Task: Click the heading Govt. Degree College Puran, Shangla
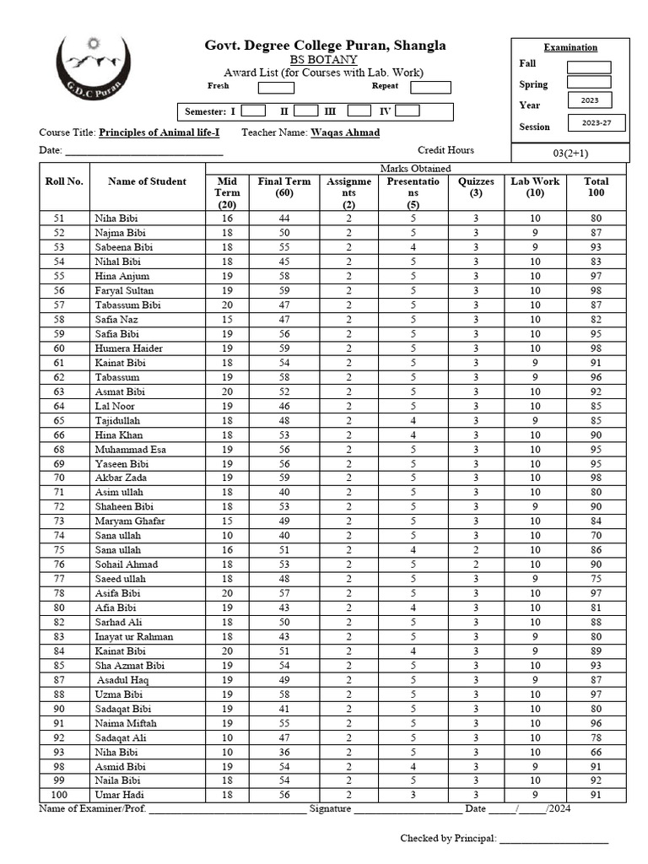pyautogui.click(x=325, y=46)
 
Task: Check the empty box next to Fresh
pyautogui.click(x=275, y=87)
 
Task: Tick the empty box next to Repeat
pyautogui.click(x=430, y=87)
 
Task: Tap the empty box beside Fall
pyautogui.click(x=588, y=67)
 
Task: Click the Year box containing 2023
pyautogui.click(x=589, y=100)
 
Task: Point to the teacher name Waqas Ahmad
pyautogui.click(x=345, y=132)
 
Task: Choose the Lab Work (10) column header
pyautogui.click(x=535, y=187)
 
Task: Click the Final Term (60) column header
pyautogui.click(x=284, y=187)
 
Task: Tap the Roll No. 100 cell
pyautogui.click(x=59, y=795)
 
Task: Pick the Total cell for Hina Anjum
pyautogui.click(x=596, y=277)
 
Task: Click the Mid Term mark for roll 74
pyautogui.click(x=227, y=536)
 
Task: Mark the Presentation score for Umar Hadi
pyautogui.click(x=413, y=795)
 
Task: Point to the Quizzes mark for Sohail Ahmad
pyautogui.click(x=476, y=564)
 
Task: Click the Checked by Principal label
pyautogui.click(x=447, y=838)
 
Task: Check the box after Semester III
pyautogui.click(x=359, y=111)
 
